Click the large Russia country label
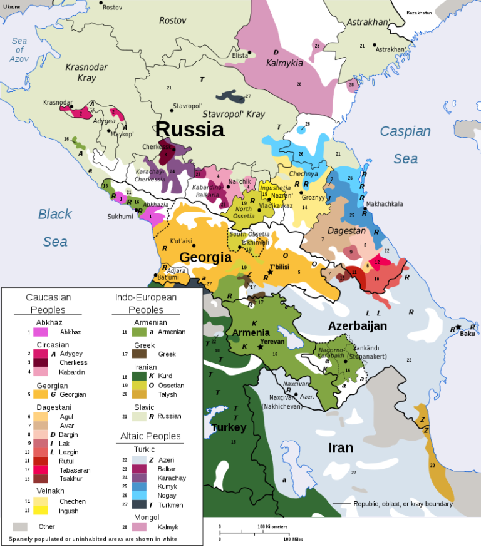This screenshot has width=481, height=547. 190,129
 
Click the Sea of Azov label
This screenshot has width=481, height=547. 19,50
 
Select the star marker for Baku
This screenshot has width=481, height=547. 458,327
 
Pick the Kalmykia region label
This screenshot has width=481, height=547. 284,63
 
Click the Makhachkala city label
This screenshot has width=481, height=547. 385,204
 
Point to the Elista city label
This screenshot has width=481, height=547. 240,55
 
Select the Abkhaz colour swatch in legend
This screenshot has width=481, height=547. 41,332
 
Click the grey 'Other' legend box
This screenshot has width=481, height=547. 21,526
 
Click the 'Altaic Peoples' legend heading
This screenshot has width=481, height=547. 150,436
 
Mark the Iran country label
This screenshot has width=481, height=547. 341,447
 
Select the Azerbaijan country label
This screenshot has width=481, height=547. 357,325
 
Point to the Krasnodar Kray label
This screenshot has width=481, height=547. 87,73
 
